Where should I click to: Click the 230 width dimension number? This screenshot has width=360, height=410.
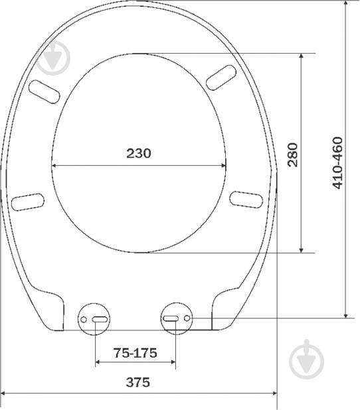pyautogui.click(x=139, y=153)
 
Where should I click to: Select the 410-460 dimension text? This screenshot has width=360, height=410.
pyautogui.click(x=337, y=163)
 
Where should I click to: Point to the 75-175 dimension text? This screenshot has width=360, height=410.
pyautogui.click(x=135, y=353)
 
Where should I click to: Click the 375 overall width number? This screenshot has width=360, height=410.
pyautogui.click(x=138, y=382)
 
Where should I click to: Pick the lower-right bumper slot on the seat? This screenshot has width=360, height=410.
pyautogui.click(x=244, y=198)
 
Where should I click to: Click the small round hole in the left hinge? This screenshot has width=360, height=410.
pyautogui.click(x=84, y=320)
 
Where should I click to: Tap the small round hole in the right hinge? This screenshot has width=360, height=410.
pyautogui.click(x=187, y=319)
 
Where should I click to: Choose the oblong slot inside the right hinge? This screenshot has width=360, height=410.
pyautogui.click(x=171, y=319)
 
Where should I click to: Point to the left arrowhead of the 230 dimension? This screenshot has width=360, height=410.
pyautogui.click(x=54, y=166)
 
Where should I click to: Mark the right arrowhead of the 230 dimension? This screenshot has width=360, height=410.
pyautogui.click(x=223, y=166)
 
